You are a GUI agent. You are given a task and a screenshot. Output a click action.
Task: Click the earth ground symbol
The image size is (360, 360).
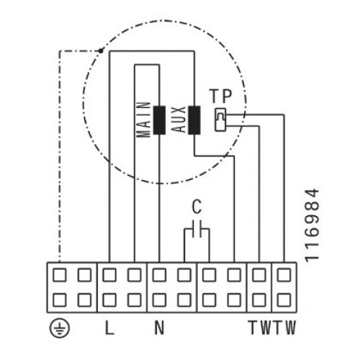60,328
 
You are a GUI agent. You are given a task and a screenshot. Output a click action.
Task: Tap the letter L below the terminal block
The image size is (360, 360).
109,328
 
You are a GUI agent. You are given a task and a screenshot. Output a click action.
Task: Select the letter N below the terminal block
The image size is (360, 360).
159,328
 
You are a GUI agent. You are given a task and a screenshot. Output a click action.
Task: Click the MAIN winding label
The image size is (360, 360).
143,120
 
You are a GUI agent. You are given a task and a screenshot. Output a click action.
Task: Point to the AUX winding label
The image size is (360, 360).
179,120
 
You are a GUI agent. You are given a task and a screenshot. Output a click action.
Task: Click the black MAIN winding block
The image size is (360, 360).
159,120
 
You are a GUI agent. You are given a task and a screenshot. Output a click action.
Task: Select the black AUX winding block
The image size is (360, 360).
194,120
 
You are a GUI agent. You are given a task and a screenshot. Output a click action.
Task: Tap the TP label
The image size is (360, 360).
221,96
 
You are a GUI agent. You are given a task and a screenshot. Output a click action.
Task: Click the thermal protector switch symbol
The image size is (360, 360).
220,120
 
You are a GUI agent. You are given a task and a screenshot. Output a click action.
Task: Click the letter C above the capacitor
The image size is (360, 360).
197,207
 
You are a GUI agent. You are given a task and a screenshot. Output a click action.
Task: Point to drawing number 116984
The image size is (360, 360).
312,225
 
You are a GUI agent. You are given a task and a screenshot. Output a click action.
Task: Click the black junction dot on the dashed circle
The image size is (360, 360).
101,51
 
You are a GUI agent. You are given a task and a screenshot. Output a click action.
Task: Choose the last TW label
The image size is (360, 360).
284,328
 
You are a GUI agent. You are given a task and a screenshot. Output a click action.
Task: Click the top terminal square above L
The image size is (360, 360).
109,275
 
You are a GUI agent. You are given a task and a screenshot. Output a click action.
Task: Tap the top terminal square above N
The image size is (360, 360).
159,275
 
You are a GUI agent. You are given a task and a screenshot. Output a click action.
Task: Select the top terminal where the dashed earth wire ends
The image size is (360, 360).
59,275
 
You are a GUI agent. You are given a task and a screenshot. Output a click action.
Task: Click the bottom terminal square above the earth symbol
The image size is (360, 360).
59,300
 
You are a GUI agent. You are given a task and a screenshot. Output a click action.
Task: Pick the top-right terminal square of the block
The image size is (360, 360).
284,275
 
